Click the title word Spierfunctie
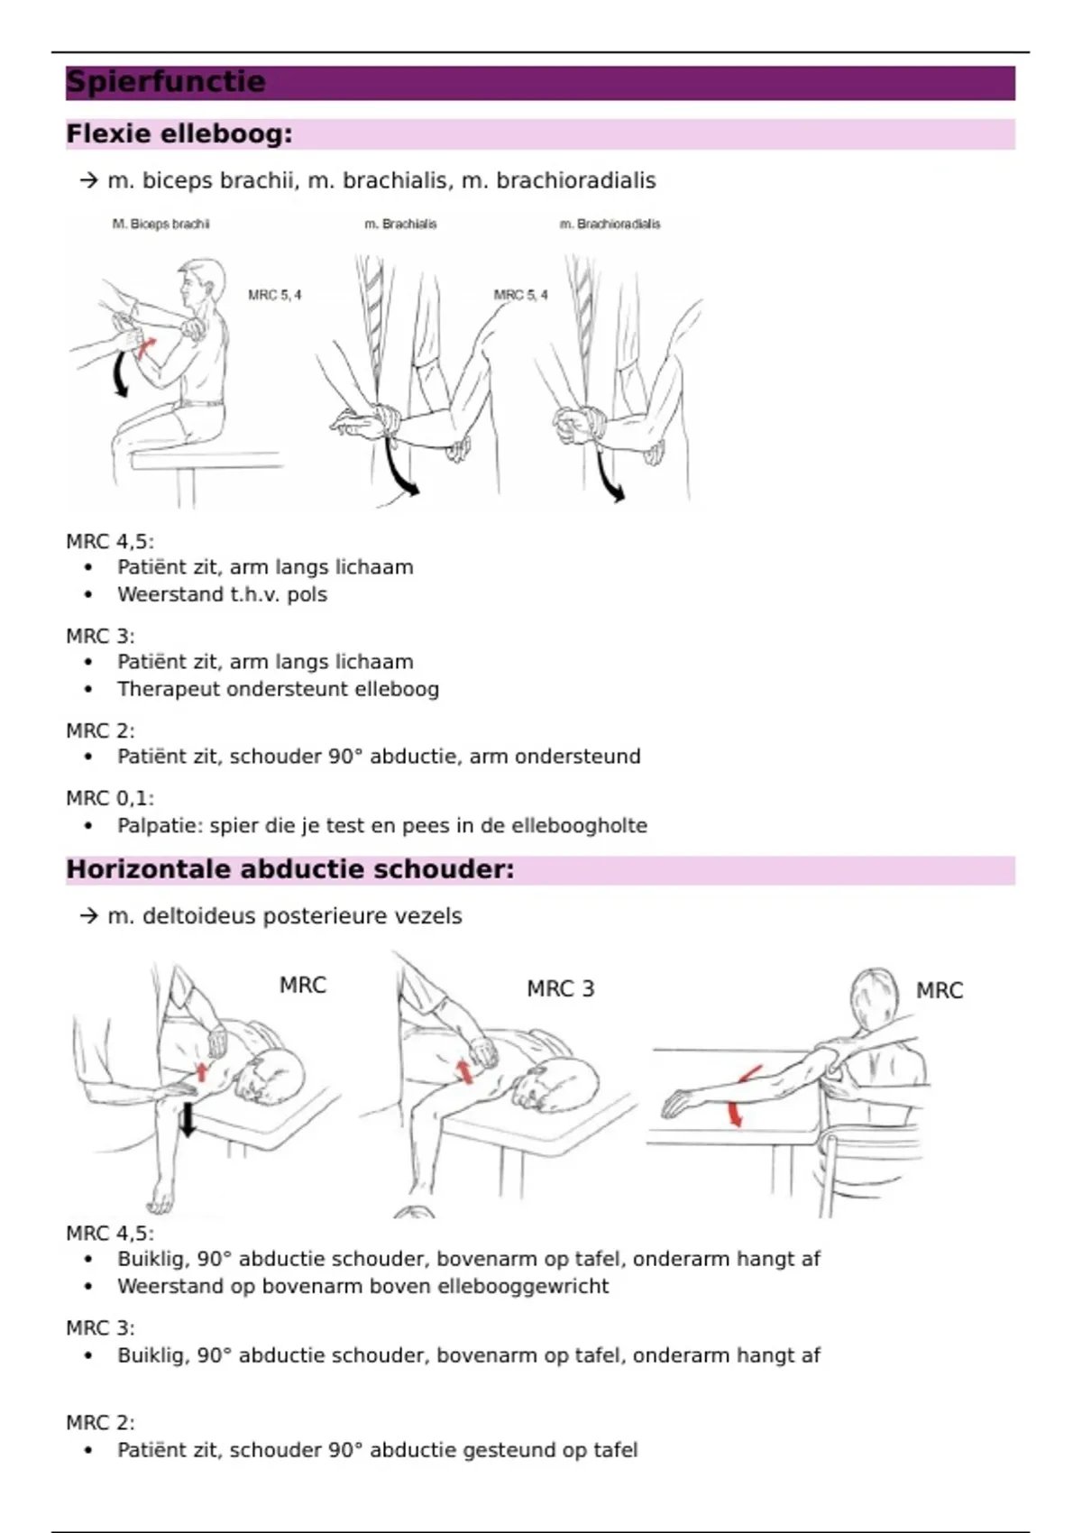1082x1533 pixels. point(166,82)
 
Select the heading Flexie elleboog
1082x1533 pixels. point(179,134)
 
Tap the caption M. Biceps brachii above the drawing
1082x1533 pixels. point(160,224)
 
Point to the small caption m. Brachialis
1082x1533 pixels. point(400,224)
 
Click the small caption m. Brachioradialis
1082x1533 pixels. point(610,224)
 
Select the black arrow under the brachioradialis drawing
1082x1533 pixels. point(610,478)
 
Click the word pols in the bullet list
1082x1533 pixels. point(307,594)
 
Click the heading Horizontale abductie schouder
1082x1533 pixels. point(289,869)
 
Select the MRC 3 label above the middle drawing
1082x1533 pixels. point(560,989)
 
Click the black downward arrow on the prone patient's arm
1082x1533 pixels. point(188,1118)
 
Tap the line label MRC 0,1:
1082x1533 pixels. point(109,798)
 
